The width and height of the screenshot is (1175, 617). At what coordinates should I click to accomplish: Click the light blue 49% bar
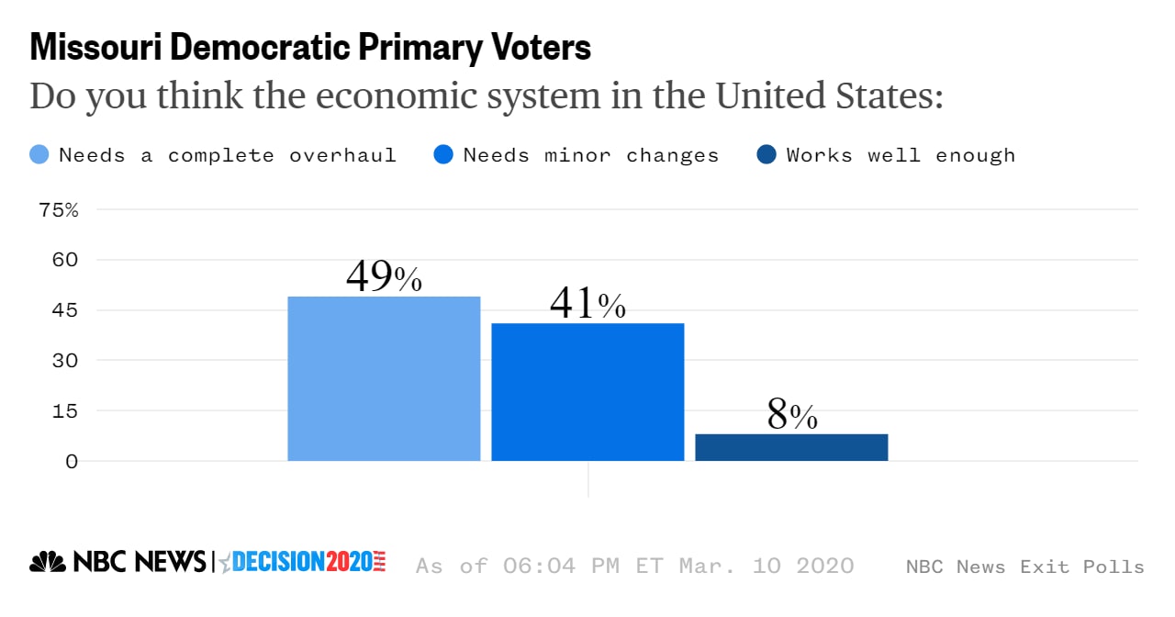[384, 378]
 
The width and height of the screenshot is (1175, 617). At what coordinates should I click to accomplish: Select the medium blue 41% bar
[587, 392]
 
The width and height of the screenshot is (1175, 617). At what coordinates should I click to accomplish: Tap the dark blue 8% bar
[791, 447]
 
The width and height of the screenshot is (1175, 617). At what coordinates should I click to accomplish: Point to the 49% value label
[384, 276]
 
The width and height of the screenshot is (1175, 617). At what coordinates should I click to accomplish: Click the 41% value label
[587, 304]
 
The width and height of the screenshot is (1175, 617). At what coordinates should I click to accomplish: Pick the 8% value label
[791, 415]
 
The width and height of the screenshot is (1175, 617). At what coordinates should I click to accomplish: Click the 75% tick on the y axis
[59, 209]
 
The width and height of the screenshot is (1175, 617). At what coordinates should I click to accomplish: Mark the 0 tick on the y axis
[71, 461]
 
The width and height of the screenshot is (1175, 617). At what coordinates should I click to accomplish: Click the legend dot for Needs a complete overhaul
[39, 154]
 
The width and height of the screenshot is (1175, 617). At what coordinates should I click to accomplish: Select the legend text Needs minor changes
[590, 154]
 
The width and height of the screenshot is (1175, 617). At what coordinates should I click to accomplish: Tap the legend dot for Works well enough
[767, 154]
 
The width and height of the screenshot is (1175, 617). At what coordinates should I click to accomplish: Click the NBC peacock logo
[48, 562]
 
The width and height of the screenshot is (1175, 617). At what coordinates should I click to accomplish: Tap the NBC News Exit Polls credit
[1024, 567]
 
